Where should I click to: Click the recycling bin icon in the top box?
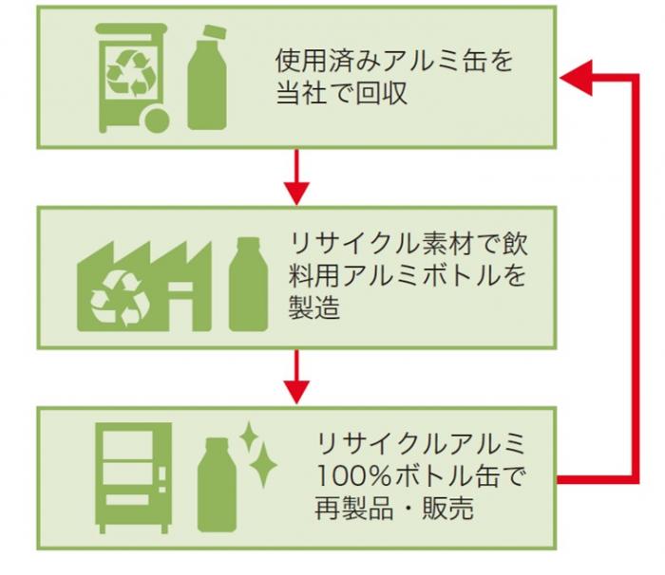pyautogui.click(x=132, y=76)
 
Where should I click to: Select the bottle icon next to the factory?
pyautogui.click(x=247, y=285)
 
